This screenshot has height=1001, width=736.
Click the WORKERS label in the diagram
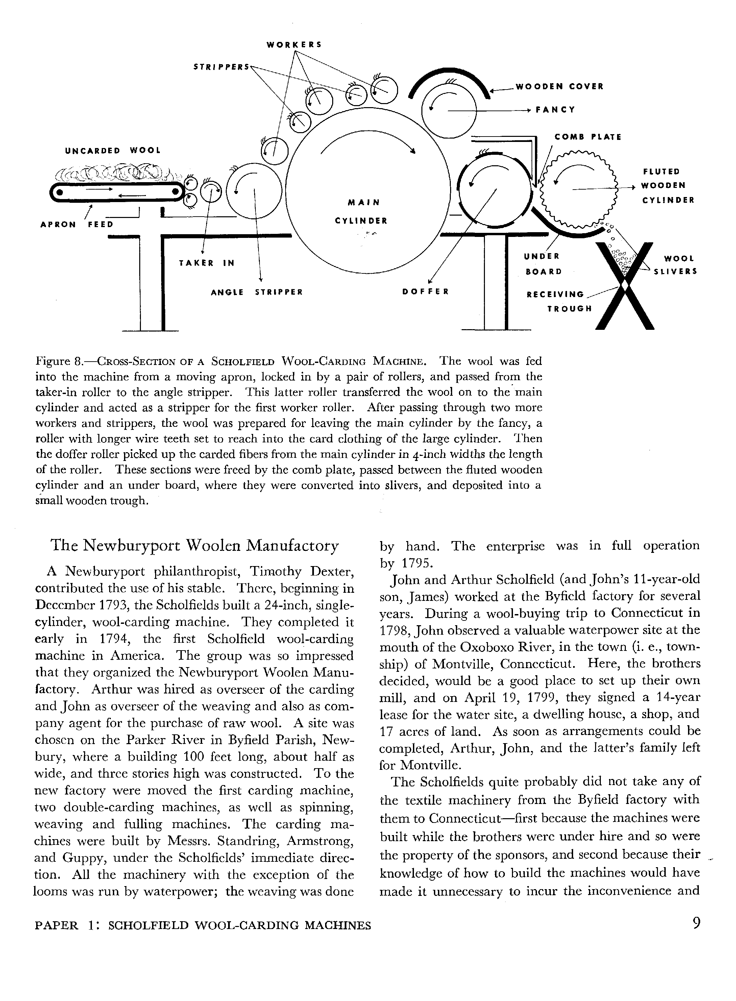(x=294, y=45)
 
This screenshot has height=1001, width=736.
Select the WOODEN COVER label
(x=559, y=87)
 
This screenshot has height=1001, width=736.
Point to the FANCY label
(x=555, y=109)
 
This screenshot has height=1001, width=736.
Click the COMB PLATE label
(x=588, y=137)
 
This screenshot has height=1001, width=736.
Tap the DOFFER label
(x=425, y=292)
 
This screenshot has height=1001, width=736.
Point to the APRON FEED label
(x=77, y=224)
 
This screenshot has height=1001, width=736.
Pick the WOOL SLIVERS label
(x=674, y=265)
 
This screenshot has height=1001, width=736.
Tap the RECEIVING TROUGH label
(x=559, y=301)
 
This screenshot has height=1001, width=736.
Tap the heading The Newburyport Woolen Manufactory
(x=195, y=545)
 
